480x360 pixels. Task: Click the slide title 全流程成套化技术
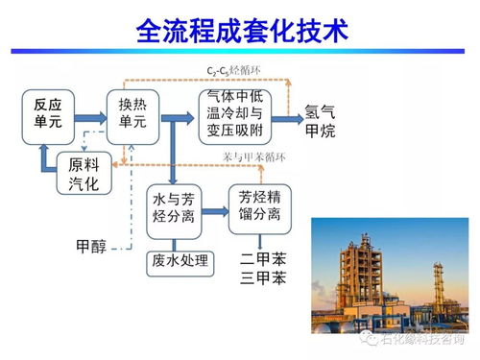pyautogui.click(x=239, y=33)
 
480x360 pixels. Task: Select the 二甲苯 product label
pyautogui.click(x=265, y=259)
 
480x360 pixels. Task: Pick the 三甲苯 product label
pyautogui.click(x=265, y=279)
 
